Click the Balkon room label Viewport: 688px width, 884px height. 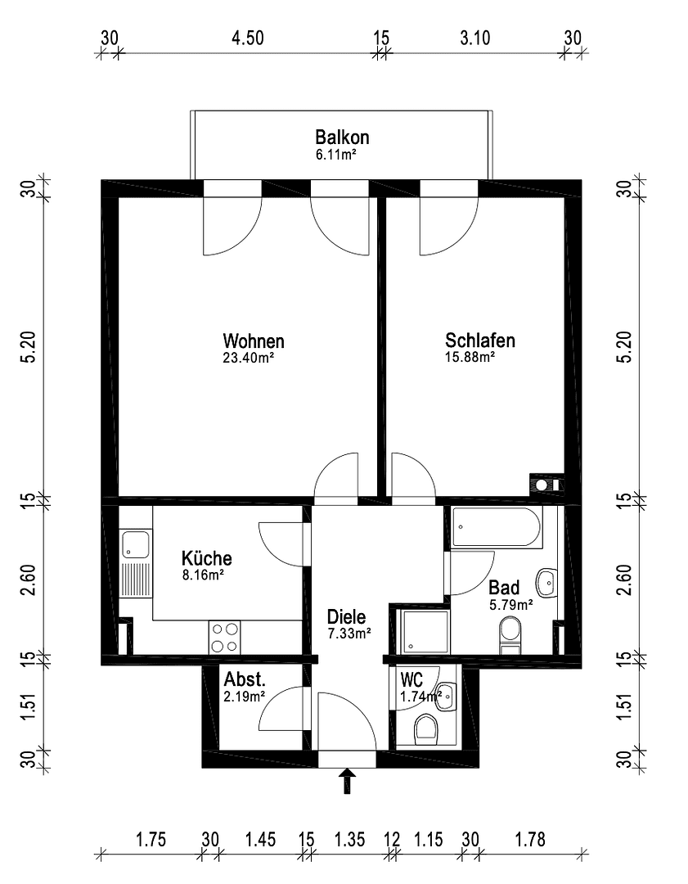[x=342, y=137]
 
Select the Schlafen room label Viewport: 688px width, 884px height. [x=479, y=341]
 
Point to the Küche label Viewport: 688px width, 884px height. [x=206, y=558]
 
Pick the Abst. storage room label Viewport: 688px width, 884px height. [x=244, y=679]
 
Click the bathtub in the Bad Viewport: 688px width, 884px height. [x=497, y=528]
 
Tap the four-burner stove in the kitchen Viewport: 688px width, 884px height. [x=224, y=638]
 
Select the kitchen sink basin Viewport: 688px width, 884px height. [x=135, y=544]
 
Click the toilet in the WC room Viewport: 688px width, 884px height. [x=426, y=727]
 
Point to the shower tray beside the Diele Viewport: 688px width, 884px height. [x=423, y=632]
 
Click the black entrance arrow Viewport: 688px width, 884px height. [x=348, y=781]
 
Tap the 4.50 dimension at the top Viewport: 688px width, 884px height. [x=247, y=38]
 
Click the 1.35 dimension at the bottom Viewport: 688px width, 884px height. [x=349, y=839]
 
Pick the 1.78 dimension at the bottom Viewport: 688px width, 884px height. [x=530, y=839]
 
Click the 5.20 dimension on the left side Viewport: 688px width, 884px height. [x=28, y=347]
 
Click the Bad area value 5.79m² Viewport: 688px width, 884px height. [x=510, y=605]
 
